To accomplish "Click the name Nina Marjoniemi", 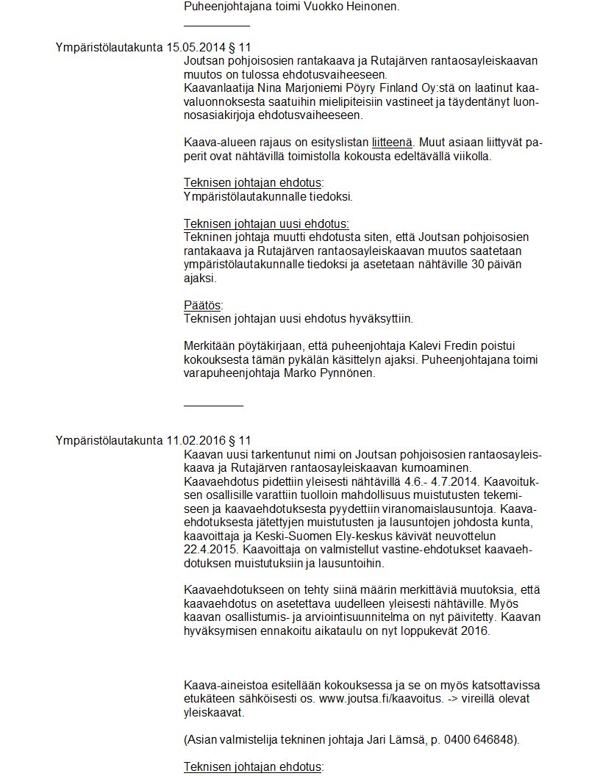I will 284,88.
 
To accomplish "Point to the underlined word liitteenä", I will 393,143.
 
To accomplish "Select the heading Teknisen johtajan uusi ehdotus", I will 265,223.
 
